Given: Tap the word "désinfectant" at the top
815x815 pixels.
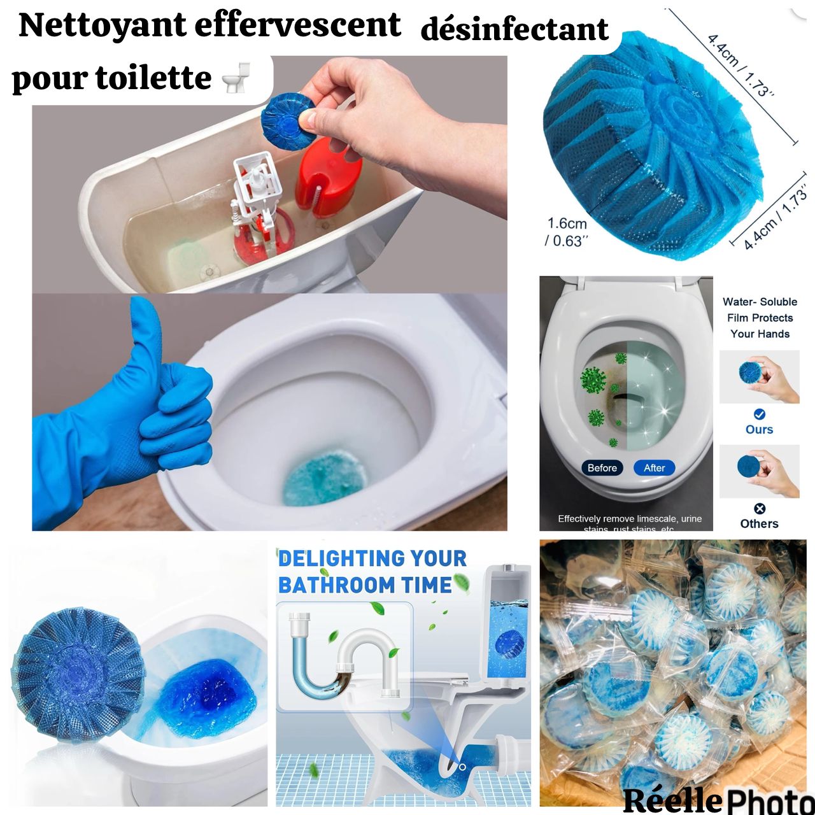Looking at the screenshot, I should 514,30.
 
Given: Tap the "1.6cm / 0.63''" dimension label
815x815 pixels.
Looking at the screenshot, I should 566,232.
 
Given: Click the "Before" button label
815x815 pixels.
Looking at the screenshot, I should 602,468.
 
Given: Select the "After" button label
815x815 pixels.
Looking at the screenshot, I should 654,468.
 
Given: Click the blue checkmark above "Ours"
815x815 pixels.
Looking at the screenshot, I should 759,414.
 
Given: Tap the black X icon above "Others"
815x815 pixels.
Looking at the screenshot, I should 759,508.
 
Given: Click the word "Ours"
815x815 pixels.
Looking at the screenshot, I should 759,430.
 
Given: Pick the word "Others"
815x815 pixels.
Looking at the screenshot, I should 759,524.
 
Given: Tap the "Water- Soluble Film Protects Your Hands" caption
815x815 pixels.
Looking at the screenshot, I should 760,318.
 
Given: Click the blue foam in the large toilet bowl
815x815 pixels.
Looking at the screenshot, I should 325,478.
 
